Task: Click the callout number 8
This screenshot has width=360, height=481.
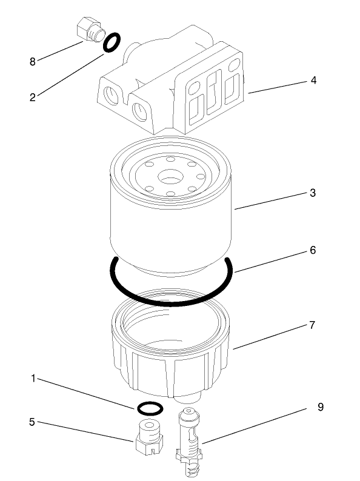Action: [x=33, y=61]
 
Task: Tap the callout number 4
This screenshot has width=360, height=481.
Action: [x=313, y=80]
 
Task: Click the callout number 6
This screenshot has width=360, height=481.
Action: [x=313, y=250]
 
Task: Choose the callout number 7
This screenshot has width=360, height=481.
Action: [x=312, y=325]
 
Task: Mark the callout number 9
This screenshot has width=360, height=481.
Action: [x=320, y=407]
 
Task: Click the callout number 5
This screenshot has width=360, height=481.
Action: [x=33, y=421]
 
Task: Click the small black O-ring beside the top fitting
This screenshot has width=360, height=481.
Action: [x=112, y=42]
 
